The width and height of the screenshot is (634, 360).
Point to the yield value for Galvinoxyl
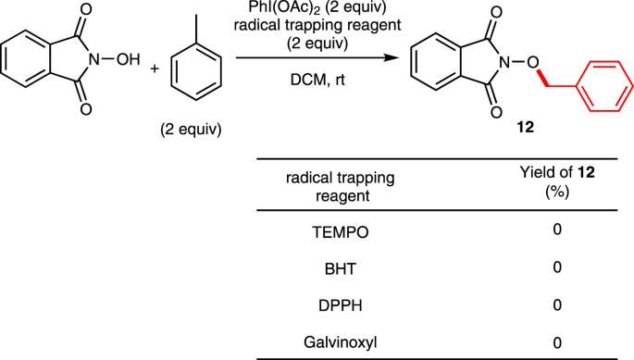(x=557, y=341)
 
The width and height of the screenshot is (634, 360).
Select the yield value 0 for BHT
(x=557, y=268)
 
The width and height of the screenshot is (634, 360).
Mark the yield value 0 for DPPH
(x=557, y=304)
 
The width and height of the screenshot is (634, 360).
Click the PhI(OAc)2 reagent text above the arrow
(x=319, y=8)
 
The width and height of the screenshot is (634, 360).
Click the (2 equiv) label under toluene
(x=190, y=129)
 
